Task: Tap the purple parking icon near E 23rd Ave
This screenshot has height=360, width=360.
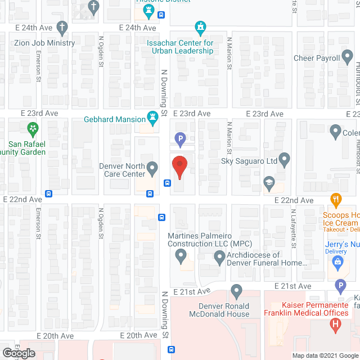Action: [180, 138]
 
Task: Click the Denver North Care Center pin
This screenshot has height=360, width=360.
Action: [152, 168]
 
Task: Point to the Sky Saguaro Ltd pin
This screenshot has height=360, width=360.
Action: [284, 160]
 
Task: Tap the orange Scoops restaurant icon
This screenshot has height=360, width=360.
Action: [336, 199]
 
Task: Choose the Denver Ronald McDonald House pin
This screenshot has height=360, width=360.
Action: [236, 292]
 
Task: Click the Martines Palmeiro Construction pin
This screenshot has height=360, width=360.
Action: [181, 257]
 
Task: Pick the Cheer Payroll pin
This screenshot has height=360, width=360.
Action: [348, 57]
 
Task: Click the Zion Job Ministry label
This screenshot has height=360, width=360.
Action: [44, 43]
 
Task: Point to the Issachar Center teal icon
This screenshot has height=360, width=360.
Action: [200, 27]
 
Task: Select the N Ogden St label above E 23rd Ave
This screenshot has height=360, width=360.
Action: [101, 52]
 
